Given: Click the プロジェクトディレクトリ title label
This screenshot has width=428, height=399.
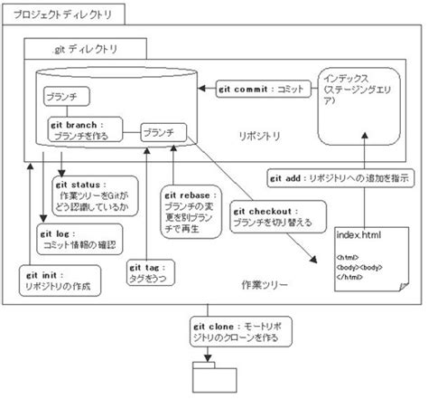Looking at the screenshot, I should [x=60, y=14].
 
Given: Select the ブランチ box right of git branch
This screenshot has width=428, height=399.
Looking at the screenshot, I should [x=163, y=132].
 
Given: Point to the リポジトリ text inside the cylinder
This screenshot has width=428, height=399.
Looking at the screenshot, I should [x=256, y=137].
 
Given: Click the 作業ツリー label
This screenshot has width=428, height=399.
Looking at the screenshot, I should [x=264, y=283].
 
